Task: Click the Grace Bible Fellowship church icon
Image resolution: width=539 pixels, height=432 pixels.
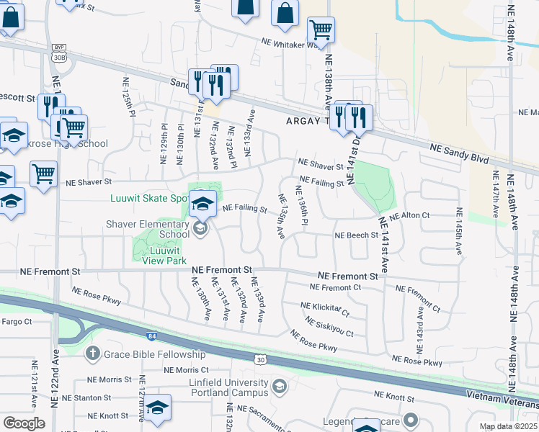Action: [92, 354]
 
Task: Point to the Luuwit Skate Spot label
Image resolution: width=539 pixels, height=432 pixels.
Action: [147, 198]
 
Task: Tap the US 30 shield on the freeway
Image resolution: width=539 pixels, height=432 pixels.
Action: [260, 359]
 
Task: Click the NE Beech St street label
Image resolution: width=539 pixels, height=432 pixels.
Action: [356, 235]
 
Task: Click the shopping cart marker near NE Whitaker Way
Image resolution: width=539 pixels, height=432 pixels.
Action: [321, 30]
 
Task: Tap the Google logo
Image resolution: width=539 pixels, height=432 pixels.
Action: [24, 423]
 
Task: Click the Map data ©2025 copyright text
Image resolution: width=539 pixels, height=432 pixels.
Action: [509, 426]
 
